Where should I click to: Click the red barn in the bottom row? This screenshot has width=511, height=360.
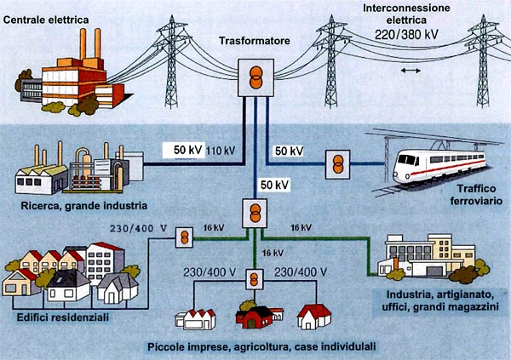pyautogui.click(x=255, y=317)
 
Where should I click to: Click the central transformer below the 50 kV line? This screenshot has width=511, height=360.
pyautogui.click(x=252, y=212)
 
